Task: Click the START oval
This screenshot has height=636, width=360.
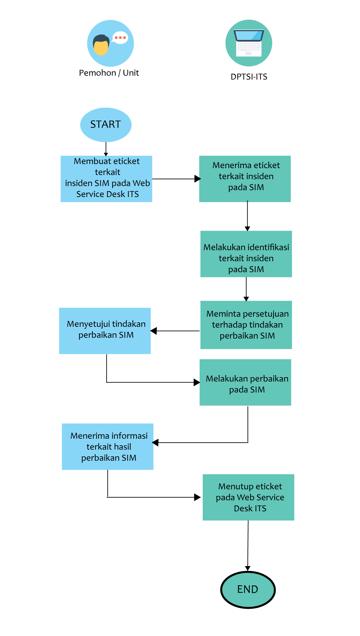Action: (x=106, y=125)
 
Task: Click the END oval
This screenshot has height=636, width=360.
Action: (x=248, y=590)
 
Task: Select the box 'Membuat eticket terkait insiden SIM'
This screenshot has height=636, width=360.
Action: (x=106, y=179)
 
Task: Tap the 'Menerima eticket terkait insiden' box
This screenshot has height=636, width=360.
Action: (x=245, y=179)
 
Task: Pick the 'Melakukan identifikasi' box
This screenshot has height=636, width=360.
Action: (x=246, y=254)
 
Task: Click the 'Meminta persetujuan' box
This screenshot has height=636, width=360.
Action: (x=246, y=325)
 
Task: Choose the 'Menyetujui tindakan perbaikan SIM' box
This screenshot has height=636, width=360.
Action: (x=105, y=331)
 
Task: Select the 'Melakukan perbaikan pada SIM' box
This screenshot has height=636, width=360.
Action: (x=246, y=382)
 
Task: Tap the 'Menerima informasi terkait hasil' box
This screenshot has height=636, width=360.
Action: (x=108, y=447)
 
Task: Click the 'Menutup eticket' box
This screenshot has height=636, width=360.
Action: (x=249, y=497)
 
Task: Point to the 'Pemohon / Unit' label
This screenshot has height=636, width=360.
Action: (x=109, y=73)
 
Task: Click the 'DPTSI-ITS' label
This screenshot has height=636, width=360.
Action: (x=249, y=77)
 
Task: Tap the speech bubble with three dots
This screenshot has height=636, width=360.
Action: (x=120, y=38)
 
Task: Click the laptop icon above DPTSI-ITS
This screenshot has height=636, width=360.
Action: (x=249, y=43)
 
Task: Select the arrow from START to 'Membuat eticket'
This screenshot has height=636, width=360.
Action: (x=106, y=149)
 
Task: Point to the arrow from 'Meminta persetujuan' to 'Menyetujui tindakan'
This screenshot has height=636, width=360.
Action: (x=175, y=331)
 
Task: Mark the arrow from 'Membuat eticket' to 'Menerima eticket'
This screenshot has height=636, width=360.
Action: (x=177, y=179)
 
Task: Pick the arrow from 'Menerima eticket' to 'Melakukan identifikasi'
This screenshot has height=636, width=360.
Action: (x=248, y=216)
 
